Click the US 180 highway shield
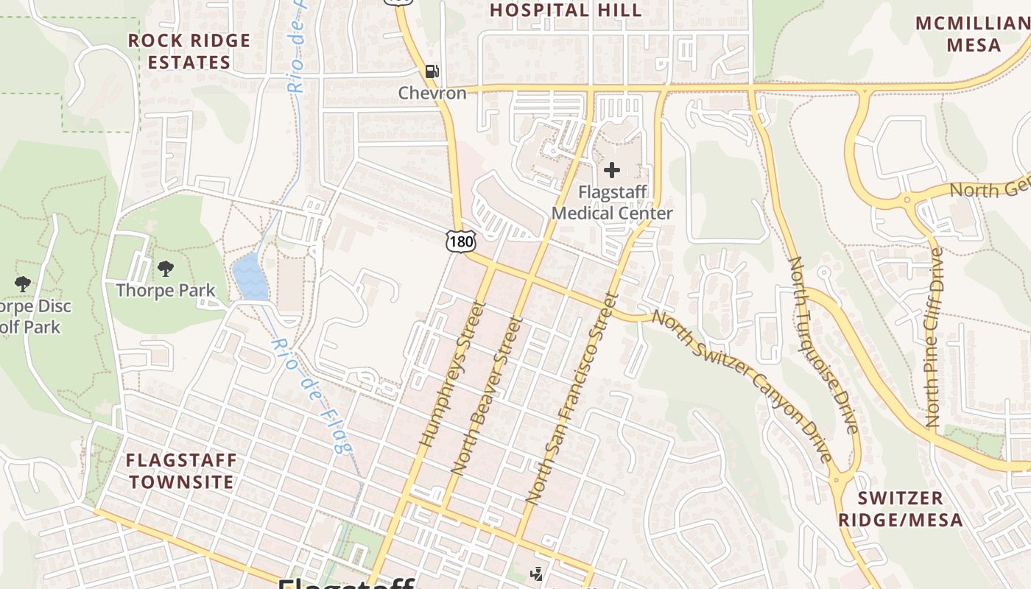[460, 241]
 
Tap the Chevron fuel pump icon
[432, 71]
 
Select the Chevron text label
[432, 94]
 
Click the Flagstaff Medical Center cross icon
[611, 171]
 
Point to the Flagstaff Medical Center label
[612, 203]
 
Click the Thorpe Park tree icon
[166, 269]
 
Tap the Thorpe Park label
[166, 290]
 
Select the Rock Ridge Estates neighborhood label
[189, 52]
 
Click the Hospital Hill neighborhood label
[566, 10]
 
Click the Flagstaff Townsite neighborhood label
[181, 471]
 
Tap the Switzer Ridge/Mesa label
[900, 509]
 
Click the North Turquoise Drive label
[823, 345]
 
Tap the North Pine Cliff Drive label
[934, 337]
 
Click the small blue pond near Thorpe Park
[248, 277]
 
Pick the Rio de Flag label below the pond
[312, 395]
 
